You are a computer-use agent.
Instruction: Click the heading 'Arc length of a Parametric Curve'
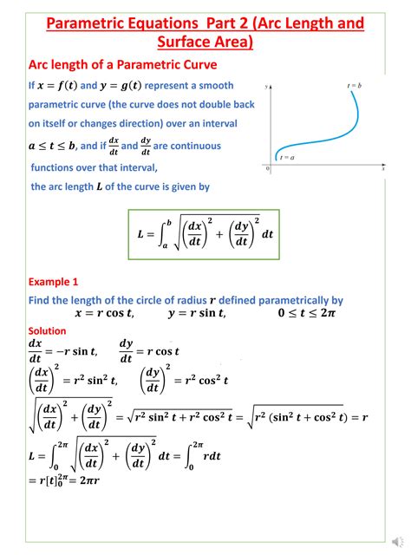(122, 65)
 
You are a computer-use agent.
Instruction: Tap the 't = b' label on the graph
(354, 85)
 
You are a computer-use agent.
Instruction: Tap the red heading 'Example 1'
(54, 282)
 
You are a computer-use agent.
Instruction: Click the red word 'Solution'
(48, 330)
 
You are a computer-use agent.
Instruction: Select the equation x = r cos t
(104, 314)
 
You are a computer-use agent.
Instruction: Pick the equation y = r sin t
(196, 314)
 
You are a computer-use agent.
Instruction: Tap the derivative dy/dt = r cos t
(149, 350)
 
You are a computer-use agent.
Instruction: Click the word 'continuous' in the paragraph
(188, 146)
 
